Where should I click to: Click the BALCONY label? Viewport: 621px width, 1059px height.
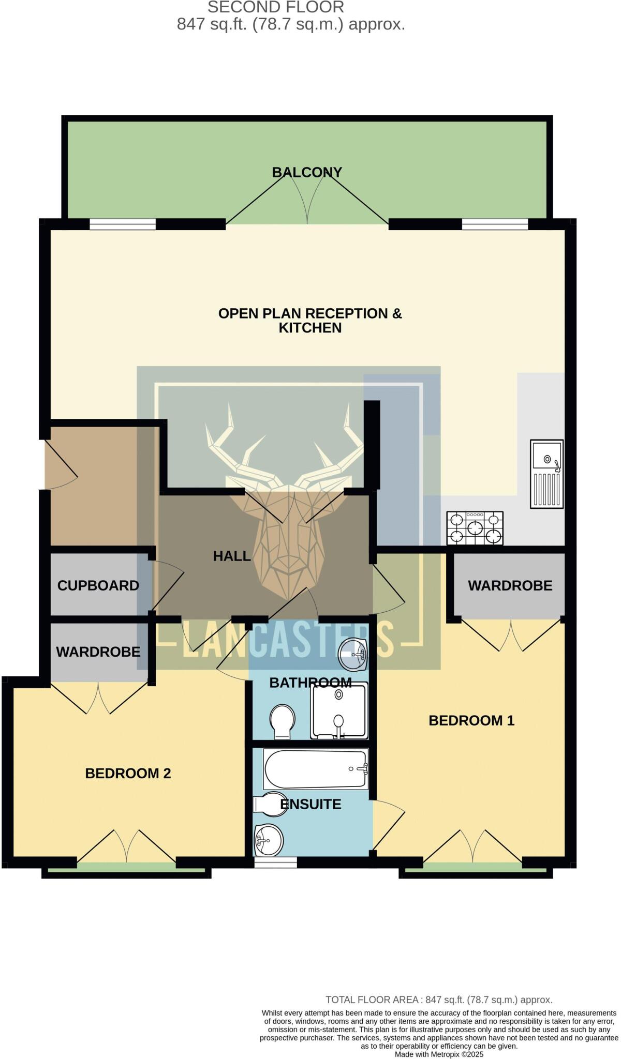click(307, 172)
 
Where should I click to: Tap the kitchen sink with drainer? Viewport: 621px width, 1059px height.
click(546, 474)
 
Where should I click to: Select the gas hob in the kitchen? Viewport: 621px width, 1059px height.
click(475, 528)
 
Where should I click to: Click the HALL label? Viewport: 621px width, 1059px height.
click(232, 556)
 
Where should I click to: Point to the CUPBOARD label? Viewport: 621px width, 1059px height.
click(98, 585)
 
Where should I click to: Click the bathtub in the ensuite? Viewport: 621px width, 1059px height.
click(316, 768)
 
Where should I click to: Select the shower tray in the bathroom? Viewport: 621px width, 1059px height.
click(339, 710)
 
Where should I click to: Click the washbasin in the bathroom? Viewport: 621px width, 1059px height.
click(353, 654)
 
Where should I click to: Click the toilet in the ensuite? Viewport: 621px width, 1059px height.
click(270, 804)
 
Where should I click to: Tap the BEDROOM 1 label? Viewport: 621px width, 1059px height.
click(471, 720)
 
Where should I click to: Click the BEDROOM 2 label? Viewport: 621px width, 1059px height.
click(128, 774)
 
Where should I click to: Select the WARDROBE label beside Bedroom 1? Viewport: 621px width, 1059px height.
click(510, 585)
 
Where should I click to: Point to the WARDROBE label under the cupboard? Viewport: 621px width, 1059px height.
click(98, 652)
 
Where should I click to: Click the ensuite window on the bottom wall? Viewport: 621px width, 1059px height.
click(275, 861)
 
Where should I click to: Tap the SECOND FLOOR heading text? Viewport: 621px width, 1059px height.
click(276, 7)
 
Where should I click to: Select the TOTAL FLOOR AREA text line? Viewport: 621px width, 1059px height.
click(439, 1000)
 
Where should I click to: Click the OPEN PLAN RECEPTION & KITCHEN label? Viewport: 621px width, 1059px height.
click(310, 321)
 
